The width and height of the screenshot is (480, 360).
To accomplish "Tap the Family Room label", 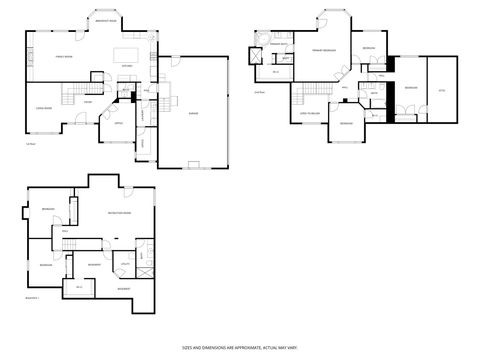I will pyautogui.click(x=66, y=59).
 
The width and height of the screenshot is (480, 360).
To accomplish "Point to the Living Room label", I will pyautogui.click(x=44, y=105).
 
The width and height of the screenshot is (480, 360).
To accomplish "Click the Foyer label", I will pyautogui.click(x=89, y=102).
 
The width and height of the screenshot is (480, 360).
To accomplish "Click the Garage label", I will pyautogui.click(x=192, y=115).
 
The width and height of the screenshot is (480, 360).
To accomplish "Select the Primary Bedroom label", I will pyautogui.click(x=322, y=49).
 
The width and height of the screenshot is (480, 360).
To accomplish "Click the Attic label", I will pyautogui.click(x=441, y=90).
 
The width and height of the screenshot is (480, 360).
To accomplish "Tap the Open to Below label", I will pyautogui.click(x=311, y=114).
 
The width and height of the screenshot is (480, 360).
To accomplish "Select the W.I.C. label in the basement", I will pyautogui.click(x=78, y=287).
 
